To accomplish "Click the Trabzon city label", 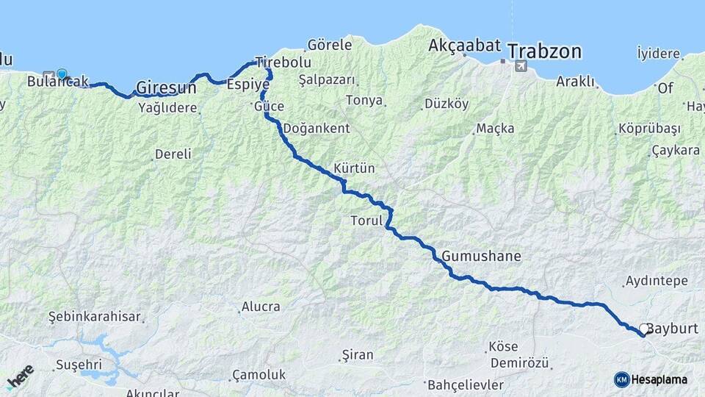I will [x=544, y=51].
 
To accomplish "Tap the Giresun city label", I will [x=166, y=87].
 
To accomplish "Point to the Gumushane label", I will [x=482, y=257].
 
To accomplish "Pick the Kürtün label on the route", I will [x=354, y=168].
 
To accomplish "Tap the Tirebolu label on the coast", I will [x=283, y=62].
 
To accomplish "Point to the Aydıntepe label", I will [x=656, y=281].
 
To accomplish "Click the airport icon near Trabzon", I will [x=521, y=66].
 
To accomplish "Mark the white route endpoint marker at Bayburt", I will [x=644, y=329].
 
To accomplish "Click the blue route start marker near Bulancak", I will [x=62, y=74].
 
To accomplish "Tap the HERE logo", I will [x=20, y=376].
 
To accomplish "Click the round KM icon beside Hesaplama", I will [x=621, y=379].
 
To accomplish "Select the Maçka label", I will [x=495, y=129].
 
